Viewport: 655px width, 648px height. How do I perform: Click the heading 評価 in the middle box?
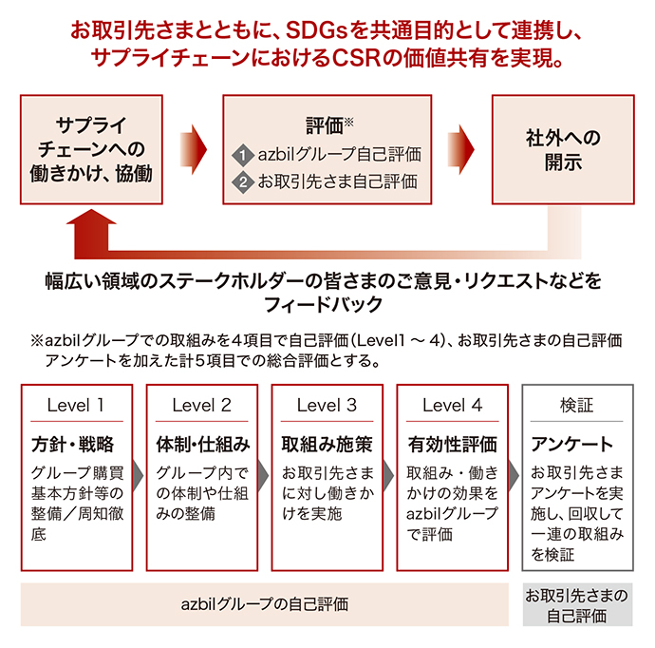324,124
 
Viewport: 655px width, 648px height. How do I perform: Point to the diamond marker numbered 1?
243,154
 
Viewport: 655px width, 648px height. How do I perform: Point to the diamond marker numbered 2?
243,181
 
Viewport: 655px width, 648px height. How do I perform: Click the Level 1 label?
76,405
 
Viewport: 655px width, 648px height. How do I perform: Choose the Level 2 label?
201,405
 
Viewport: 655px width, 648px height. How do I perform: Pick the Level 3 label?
327,405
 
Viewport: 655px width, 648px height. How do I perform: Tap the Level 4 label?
452,405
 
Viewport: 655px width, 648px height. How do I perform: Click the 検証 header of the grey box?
576,405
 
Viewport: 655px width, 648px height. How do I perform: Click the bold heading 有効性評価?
453,444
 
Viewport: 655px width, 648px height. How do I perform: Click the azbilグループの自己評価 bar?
265,603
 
